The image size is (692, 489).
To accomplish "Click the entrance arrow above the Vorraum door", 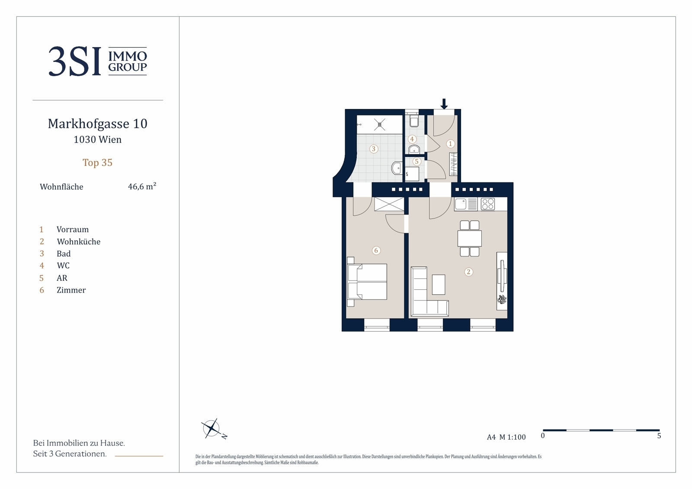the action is pos(444,104).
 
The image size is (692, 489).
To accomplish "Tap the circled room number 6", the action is pos(376,250).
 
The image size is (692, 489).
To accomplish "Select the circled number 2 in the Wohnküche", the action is pos(469,272).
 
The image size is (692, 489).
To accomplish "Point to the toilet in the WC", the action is pos(413,121).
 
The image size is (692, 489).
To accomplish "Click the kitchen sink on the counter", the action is pos(461,204).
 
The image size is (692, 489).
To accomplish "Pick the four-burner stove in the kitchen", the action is pos(488,204).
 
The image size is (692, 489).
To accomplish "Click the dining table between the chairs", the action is pos(470,239).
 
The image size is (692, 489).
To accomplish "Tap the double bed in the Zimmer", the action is pos(367,281).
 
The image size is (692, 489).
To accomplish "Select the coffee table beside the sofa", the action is pos(439,284).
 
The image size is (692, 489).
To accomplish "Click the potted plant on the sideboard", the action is pos(502,299).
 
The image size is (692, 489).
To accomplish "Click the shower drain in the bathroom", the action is pos(380,125).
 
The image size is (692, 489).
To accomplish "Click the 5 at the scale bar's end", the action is pos(659,436).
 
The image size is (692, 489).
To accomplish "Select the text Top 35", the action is pos(97,163).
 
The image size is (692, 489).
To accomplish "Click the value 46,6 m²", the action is pos(142,186).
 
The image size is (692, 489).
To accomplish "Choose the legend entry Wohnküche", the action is pos(78,241).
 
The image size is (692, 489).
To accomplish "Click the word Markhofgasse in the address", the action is pos(89,124).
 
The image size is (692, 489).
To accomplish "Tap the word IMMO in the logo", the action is pos(128,56).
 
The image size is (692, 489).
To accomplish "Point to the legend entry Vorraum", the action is pos(73,229).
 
